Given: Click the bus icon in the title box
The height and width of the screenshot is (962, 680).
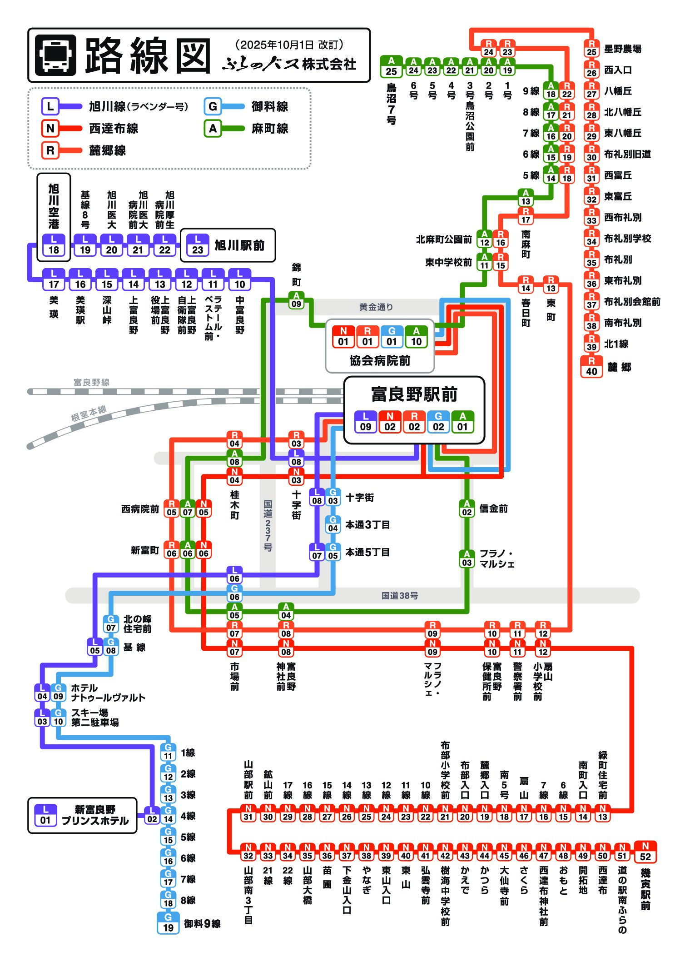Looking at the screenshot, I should tap(55, 55).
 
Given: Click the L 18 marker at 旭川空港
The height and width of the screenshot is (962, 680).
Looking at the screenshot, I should tap(54, 245).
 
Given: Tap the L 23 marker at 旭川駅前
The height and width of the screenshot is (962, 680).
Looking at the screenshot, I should tap(198, 245).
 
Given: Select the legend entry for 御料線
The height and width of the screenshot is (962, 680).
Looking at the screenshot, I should tap(270, 107).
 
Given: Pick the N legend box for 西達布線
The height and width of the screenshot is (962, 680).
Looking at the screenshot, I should tap(50, 129).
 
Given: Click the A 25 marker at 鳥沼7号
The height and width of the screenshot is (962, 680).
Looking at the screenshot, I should tap(391, 67).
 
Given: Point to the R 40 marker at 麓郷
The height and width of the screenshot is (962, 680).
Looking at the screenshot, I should tap(591, 367).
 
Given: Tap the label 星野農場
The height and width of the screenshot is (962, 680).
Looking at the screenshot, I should tap(622, 49).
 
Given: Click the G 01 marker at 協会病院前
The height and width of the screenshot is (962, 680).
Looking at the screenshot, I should tap(392, 337).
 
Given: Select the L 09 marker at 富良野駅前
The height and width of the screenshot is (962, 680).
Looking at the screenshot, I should tap(366, 422).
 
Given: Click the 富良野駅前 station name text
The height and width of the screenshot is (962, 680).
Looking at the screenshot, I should tap(414, 394).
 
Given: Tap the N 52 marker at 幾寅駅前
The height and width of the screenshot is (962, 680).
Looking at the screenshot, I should tap(645, 852).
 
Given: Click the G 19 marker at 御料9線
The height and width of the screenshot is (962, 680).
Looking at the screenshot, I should tap(168, 923).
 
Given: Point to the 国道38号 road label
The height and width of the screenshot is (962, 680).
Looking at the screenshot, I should tap(399, 595).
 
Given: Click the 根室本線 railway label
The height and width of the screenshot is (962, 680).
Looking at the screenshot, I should tap(89, 413).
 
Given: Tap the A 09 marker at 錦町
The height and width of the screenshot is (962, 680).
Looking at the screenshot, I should tap(296, 300).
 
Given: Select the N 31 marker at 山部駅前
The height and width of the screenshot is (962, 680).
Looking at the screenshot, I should tap(248, 812).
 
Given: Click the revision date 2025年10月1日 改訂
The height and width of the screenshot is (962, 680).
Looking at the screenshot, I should tap(289, 45).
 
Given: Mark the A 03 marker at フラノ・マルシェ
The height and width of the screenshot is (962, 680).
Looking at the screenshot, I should tap(467, 558).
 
